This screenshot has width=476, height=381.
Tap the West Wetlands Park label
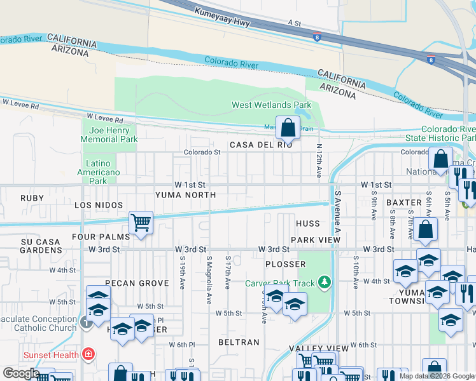pyautogui.click(x=271, y=105)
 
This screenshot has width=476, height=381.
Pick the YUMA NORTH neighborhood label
pyautogui.click(x=186, y=195)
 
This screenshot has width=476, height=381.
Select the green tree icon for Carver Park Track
pyautogui.click(x=325, y=281)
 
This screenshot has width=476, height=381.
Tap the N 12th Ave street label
pyautogui.click(x=318, y=159)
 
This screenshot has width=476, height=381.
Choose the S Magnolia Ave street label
pyautogui.click(x=209, y=279)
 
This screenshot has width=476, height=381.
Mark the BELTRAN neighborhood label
pyautogui.click(x=239, y=342)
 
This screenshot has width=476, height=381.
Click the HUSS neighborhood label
pyautogui.click(x=308, y=224)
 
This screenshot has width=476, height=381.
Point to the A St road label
pyautogui.click(x=294, y=23)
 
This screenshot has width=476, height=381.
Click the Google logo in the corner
pyautogui.click(x=21, y=373)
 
